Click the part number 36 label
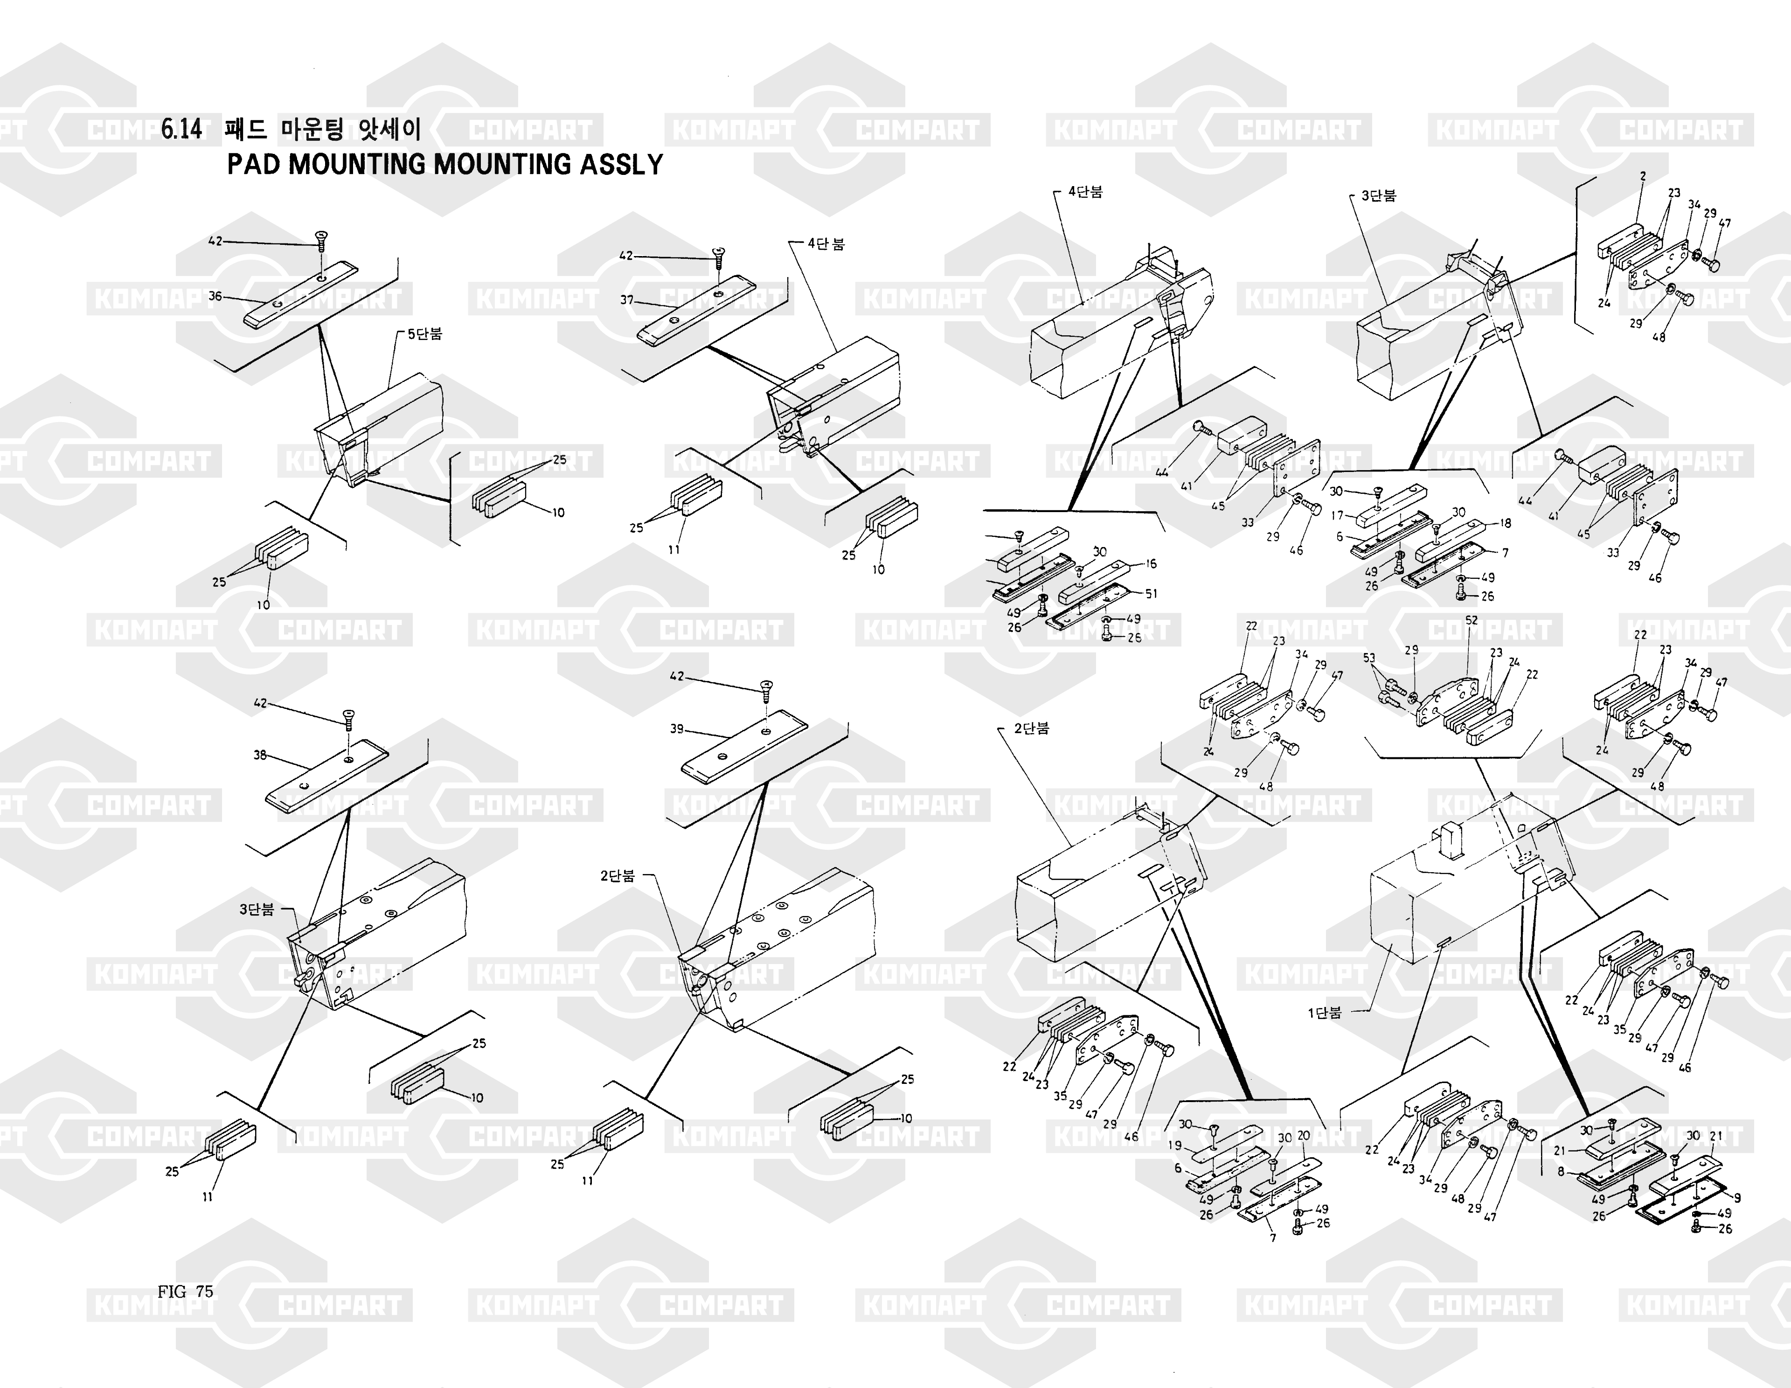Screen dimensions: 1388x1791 pyautogui.click(x=215, y=296)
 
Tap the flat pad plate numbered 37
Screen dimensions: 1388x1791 pyautogui.click(x=697, y=312)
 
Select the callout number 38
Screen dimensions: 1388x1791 pyautogui.click(x=260, y=755)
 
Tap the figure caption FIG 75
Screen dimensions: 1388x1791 pyautogui.click(x=185, y=1291)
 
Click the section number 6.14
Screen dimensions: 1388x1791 pyautogui.click(x=181, y=130)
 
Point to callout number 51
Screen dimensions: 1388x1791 pyautogui.click(x=1152, y=594)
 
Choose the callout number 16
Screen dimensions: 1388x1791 pyautogui.click(x=1152, y=564)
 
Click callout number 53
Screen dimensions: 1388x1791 pyautogui.click(x=1369, y=658)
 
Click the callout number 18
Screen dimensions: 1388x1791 pyautogui.click(x=1506, y=523)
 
